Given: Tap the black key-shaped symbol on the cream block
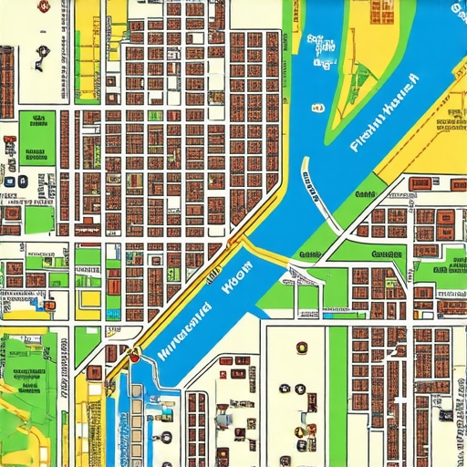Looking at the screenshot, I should [x=39, y=62].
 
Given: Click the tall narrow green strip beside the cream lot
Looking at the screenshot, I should [x=337, y=392].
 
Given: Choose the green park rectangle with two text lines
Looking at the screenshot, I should [x=39, y=137].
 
